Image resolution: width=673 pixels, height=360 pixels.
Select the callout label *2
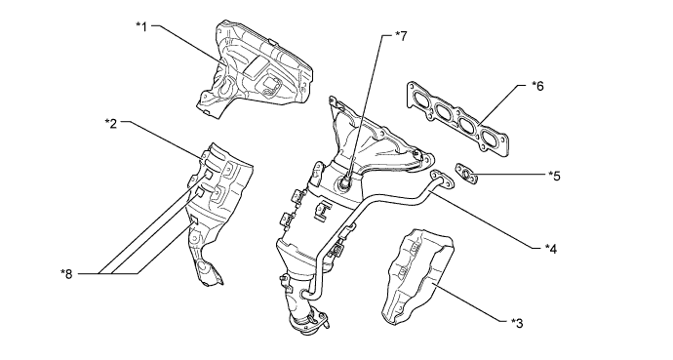(x=111, y=124)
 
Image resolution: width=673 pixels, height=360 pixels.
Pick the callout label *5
(x=555, y=177)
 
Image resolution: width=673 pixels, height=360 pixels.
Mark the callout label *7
(x=403, y=36)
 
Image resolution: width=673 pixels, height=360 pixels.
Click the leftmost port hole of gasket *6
(x=420, y=100)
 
